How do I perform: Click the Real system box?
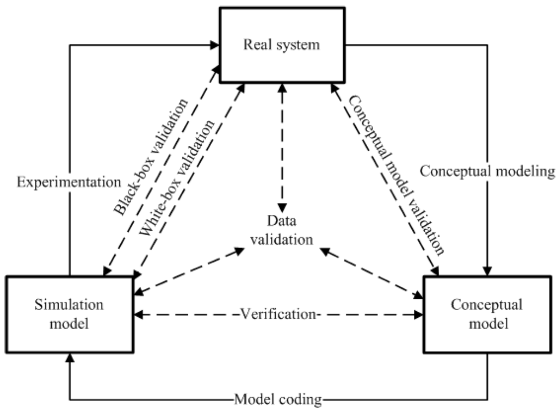pyautogui.click(x=282, y=45)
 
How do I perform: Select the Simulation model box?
pyautogui.click(x=69, y=314)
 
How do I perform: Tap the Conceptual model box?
pyautogui.click(x=487, y=314)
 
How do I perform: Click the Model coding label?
pyautogui.click(x=278, y=400)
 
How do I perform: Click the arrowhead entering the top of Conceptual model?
pyautogui.click(x=489, y=270)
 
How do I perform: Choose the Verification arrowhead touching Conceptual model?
pyautogui.click(x=419, y=314)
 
